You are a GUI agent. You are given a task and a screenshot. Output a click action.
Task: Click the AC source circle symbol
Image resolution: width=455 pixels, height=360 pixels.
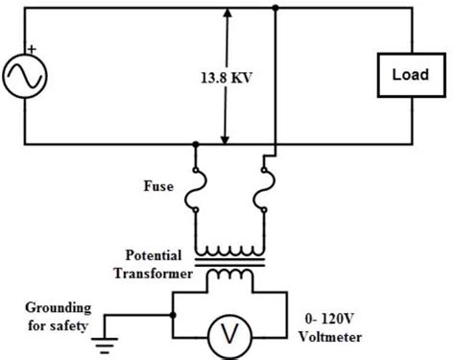(x=23, y=74)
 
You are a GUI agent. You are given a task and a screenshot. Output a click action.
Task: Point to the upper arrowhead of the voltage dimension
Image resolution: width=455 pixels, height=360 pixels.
(x=227, y=13)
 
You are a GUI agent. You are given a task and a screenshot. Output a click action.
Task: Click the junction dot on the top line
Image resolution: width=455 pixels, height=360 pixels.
(x=275, y=9)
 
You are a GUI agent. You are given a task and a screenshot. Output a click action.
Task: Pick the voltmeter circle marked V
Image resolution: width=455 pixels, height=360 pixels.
(x=228, y=332)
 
